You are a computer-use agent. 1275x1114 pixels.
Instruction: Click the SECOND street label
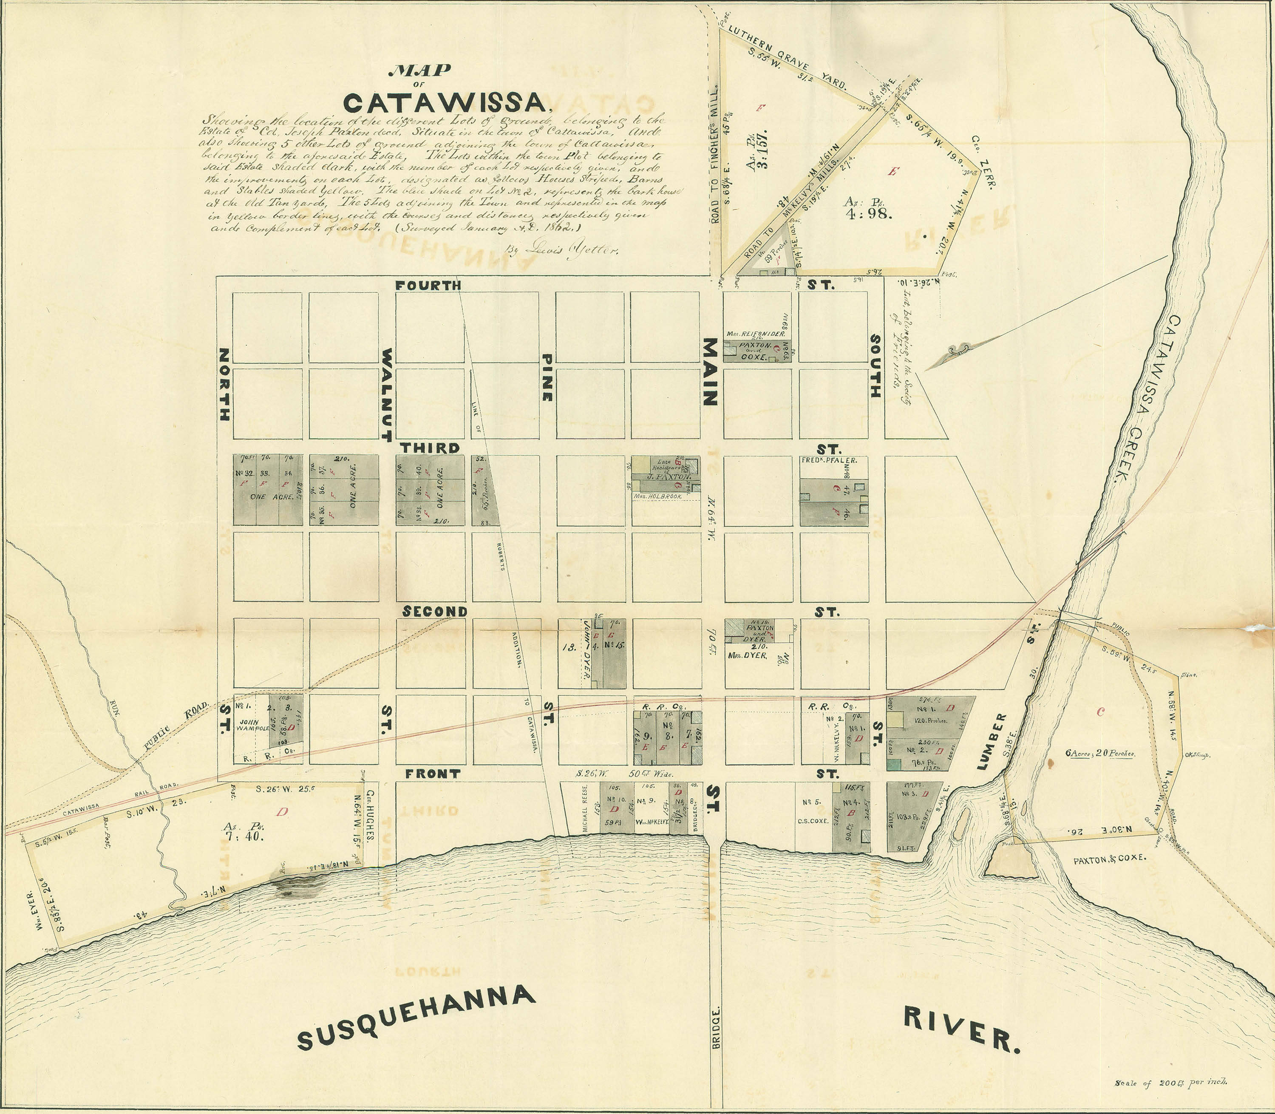(x=434, y=612)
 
